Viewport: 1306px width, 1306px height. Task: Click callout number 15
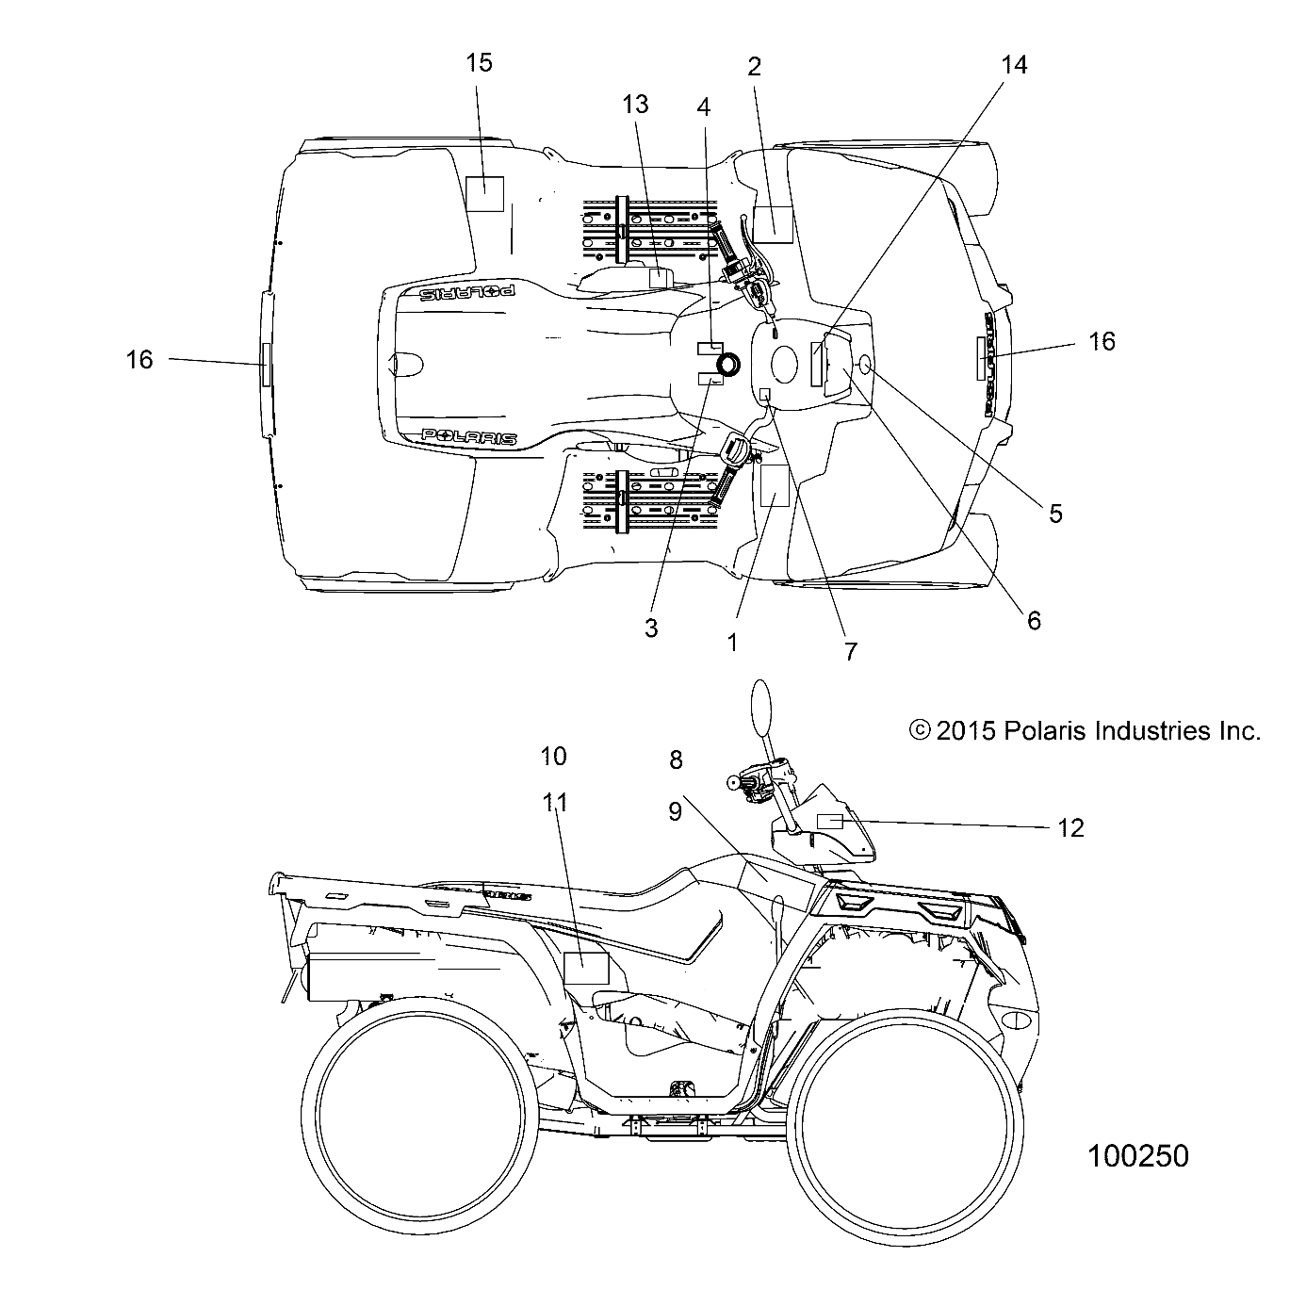(x=479, y=63)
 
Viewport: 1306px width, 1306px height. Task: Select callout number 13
(x=636, y=105)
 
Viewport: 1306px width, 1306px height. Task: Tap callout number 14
(x=1014, y=65)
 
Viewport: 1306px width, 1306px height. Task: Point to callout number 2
(x=754, y=66)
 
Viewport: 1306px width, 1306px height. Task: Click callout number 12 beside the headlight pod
(x=1071, y=827)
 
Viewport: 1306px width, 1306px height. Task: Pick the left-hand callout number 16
(x=139, y=359)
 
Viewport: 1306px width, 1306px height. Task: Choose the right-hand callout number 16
(x=1102, y=341)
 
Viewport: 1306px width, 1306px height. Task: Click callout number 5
(x=1055, y=514)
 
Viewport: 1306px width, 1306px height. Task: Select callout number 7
(x=851, y=651)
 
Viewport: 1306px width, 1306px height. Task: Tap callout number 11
(x=556, y=802)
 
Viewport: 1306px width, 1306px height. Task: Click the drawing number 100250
(x=1138, y=1156)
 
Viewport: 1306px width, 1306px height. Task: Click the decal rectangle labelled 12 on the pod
(x=828, y=820)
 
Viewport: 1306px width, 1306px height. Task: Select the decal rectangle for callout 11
(x=586, y=969)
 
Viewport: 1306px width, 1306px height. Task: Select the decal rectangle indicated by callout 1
(x=775, y=485)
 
